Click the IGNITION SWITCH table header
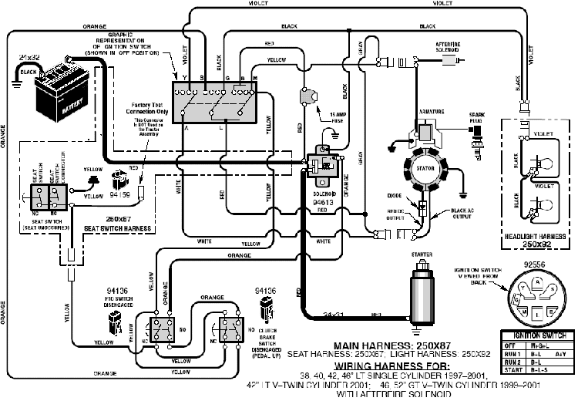click(x=539, y=335)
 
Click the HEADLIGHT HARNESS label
click(x=535, y=236)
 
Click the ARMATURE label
click(x=431, y=112)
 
